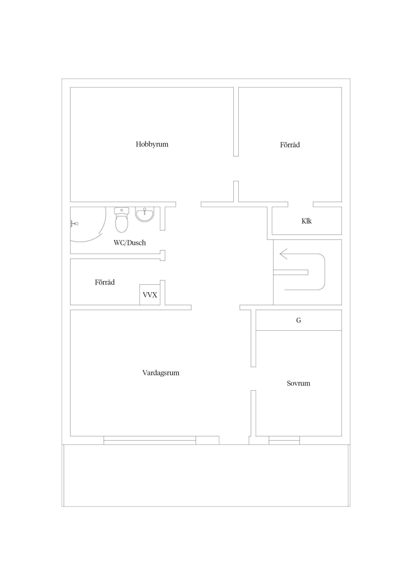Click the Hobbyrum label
pos(152,145)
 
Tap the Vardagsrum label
pos(161,373)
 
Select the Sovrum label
pos(299,383)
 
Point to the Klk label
pos(307,221)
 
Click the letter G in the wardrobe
pos(299,321)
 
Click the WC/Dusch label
pos(130,243)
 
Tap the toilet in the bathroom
pos(122,220)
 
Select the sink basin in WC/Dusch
pos(145,215)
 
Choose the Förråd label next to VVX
pos(105,282)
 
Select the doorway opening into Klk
pos(301,204)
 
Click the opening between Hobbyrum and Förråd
pos(236,168)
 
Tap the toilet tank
pos(122,211)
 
